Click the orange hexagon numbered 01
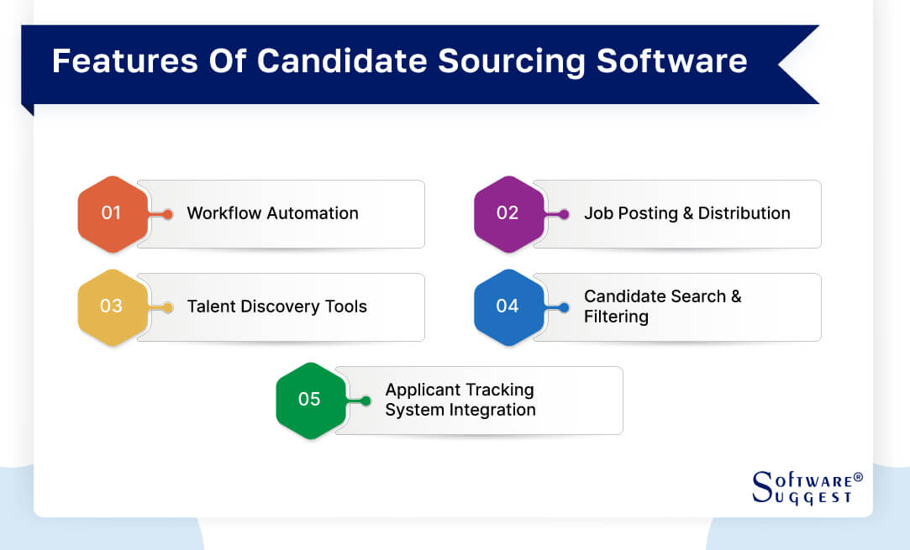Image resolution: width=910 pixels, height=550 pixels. pos(112,213)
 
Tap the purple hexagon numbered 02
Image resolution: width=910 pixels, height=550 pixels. pos(508,213)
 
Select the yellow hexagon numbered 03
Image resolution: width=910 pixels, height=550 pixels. pos(112,306)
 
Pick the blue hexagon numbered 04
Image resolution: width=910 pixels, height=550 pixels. pos(508,306)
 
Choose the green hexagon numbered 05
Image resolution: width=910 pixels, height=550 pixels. pos(310,400)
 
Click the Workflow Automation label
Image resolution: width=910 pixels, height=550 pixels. pos(272,213)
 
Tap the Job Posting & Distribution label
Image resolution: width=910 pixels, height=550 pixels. pos(686,213)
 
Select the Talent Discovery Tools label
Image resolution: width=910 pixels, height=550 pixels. pos(276,306)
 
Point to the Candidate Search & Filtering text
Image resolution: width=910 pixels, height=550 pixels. pos(662,306)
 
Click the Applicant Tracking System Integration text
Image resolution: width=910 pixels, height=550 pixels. pos(460,400)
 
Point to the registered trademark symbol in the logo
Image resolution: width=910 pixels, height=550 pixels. pos(858,477)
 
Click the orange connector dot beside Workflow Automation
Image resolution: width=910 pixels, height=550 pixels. pos(168,214)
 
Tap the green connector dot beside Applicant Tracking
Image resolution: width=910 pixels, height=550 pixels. pos(366,401)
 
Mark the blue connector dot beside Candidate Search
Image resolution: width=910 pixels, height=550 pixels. pos(564,307)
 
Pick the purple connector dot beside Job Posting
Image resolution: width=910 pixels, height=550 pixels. pos(564,214)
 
